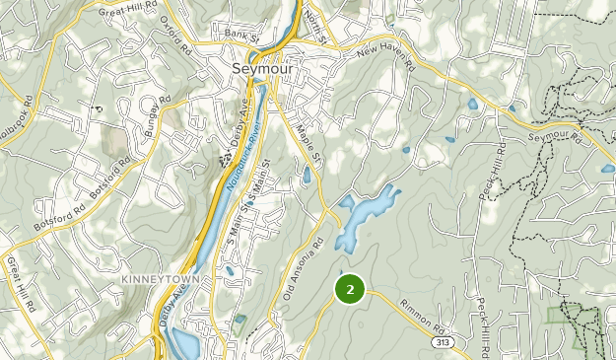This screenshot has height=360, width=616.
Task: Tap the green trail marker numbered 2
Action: click(x=350, y=289)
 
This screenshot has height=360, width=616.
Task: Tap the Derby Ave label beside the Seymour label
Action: click(x=240, y=116)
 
